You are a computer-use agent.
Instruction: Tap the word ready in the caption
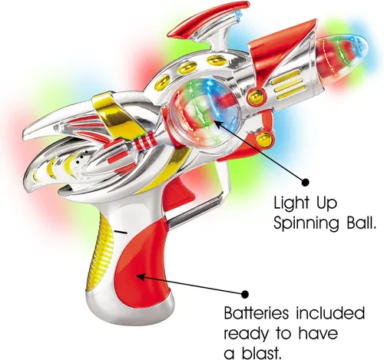[247, 335]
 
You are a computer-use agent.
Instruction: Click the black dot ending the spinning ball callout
[305, 182]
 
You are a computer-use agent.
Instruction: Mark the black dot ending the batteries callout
[245, 294]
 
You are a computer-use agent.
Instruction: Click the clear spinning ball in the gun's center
[205, 113]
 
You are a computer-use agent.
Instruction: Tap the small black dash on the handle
[121, 232]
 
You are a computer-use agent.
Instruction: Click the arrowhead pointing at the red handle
[141, 277]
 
